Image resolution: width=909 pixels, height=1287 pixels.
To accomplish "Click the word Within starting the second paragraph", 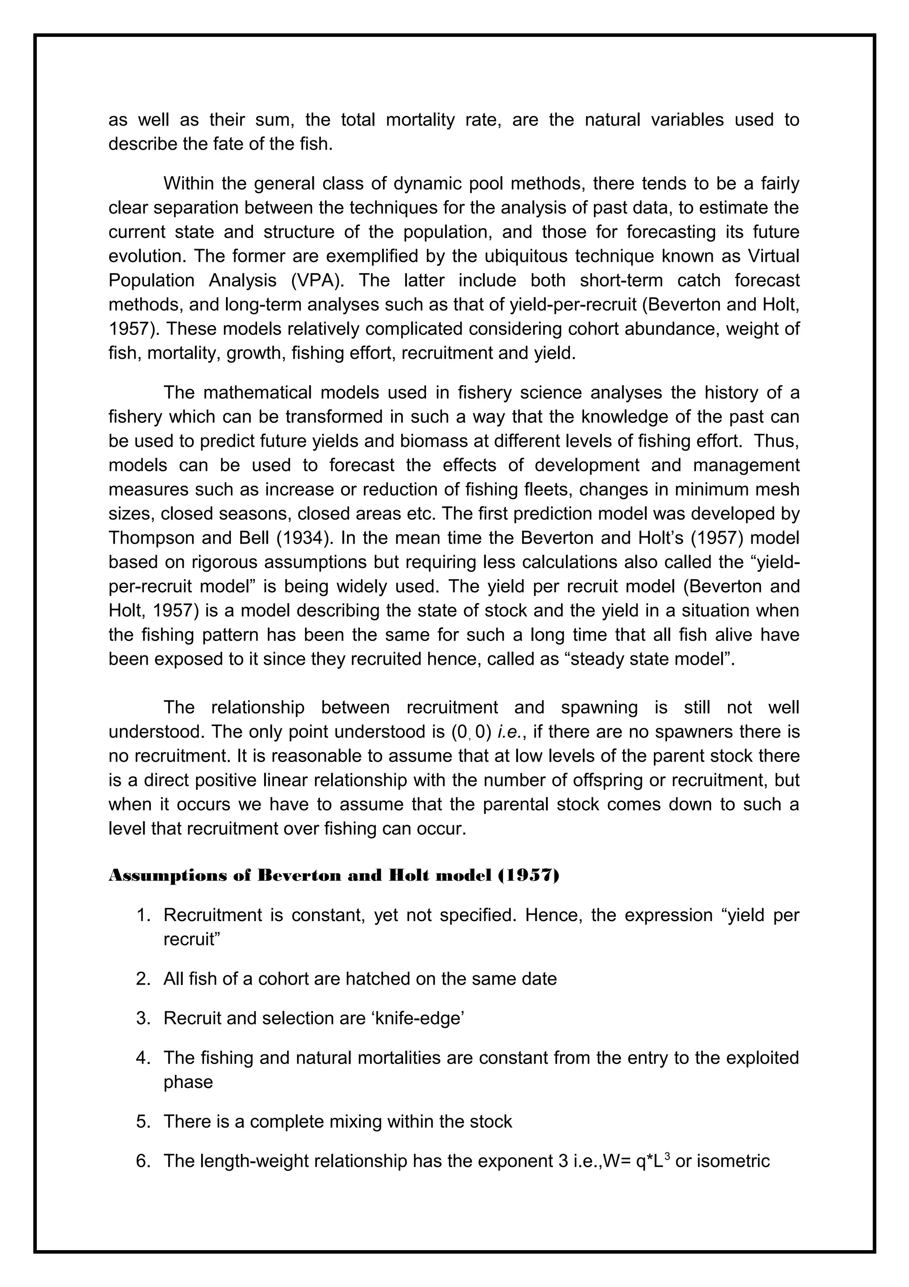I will pyautogui.click(x=190, y=184).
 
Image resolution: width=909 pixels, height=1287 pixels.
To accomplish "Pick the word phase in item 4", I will pyautogui.click(x=188, y=1081).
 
